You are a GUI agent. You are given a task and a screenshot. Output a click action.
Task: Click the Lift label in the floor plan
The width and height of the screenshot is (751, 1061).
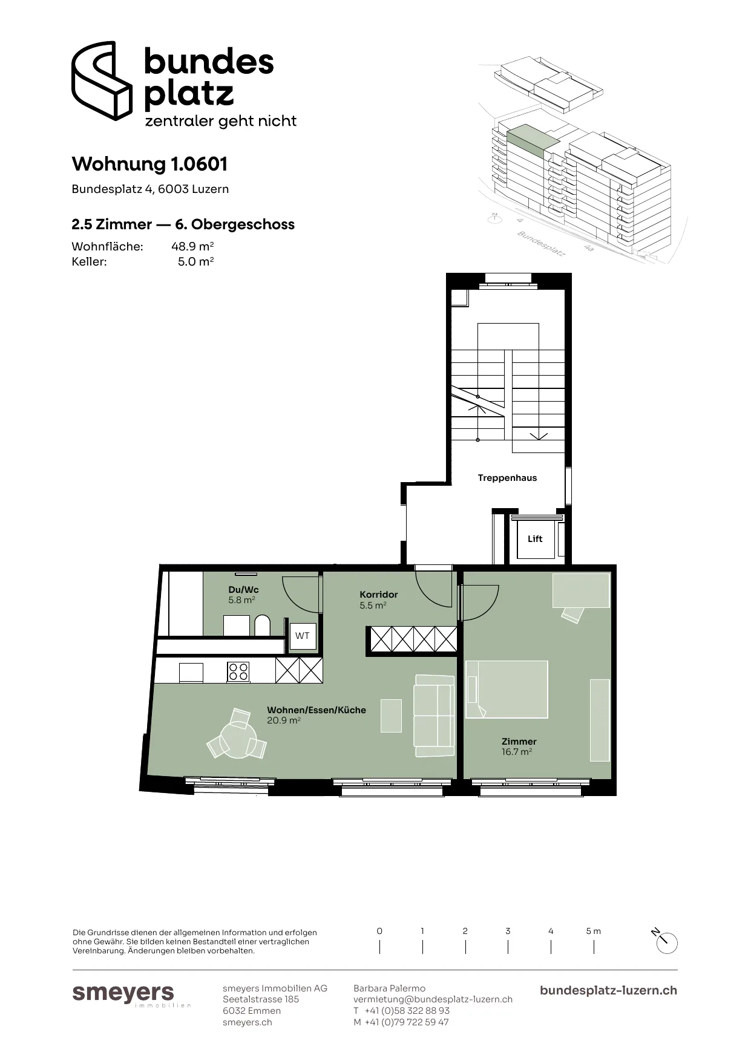(x=535, y=539)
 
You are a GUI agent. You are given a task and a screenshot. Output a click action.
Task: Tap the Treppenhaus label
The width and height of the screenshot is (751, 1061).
(x=507, y=478)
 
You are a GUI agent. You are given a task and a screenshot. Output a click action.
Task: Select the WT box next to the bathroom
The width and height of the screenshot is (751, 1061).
(x=303, y=636)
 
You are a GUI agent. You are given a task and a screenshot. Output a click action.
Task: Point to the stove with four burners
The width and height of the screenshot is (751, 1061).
(x=238, y=671)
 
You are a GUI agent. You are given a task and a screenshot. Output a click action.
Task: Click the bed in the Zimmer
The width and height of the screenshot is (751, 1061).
(x=507, y=689)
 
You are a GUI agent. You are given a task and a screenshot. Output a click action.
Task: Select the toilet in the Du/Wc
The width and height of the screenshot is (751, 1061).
(x=262, y=625)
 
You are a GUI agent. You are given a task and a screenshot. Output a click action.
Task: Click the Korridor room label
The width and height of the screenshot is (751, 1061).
(x=379, y=595)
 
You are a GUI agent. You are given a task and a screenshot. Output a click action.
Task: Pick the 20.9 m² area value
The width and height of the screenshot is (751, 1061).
(x=284, y=720)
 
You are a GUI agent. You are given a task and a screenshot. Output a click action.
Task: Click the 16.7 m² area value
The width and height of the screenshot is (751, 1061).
(x=517, y=752)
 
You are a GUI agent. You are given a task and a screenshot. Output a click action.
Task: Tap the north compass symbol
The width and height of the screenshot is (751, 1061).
(x=666, y=942)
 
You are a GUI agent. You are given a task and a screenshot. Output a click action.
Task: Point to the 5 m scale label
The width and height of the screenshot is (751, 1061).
(x=594, y=931)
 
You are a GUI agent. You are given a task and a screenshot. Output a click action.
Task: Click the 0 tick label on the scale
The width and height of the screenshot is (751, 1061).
(x=379, y=931)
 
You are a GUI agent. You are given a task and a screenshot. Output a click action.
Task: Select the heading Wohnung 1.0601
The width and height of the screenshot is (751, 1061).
(x=149, y=164)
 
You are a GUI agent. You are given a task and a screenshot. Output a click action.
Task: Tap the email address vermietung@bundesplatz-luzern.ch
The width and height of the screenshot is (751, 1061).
(x=433, y=999)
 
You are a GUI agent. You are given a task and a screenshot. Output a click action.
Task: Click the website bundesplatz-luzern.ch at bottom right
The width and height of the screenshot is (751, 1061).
(x=608, y=990)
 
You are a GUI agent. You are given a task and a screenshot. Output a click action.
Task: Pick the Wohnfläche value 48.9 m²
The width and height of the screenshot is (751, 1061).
(x=192, y=246)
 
